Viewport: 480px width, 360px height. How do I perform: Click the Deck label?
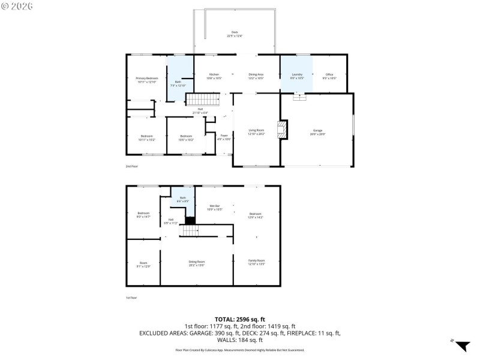pos(234,34)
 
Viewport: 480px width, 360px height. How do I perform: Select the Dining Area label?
pos(256,76)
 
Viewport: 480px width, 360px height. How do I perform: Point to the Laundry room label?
pos(297,76)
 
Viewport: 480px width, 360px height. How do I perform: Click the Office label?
pos(329,76)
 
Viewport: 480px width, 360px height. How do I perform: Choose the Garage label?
pos(317,132)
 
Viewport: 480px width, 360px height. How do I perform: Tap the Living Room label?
pos(257,132)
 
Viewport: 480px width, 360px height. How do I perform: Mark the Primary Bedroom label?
pos(146,80)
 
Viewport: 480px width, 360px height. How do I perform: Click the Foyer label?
pos(223,137)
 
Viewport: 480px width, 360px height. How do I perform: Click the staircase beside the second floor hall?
pos(200,99)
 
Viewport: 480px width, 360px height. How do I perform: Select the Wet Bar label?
pos(214,208)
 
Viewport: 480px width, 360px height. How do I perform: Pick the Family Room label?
pos(256,262)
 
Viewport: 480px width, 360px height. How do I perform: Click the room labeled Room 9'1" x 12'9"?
pos(143,264)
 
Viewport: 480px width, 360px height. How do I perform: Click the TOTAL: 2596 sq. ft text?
pos(240,319)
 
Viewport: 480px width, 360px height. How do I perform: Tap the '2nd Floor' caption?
pos(131,166)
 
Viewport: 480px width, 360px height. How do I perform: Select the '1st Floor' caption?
pos(131,298)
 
